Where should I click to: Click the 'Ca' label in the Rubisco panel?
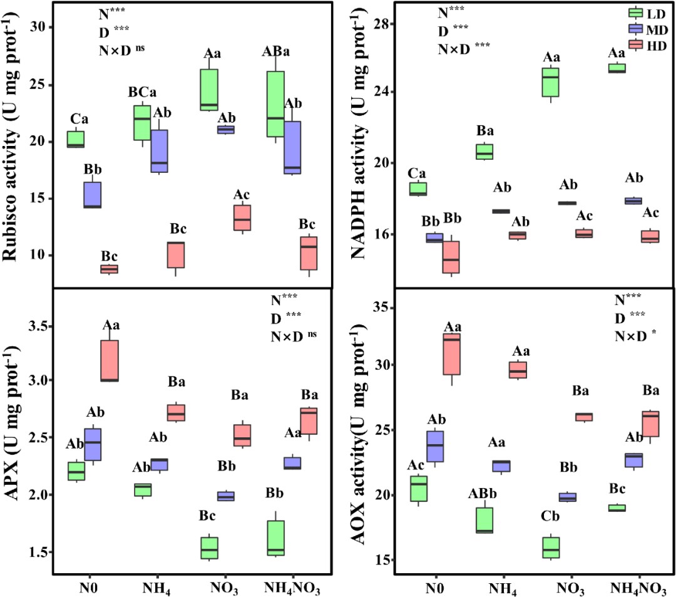(x=92, y=118)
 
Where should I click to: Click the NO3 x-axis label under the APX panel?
(x=225, y=577)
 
